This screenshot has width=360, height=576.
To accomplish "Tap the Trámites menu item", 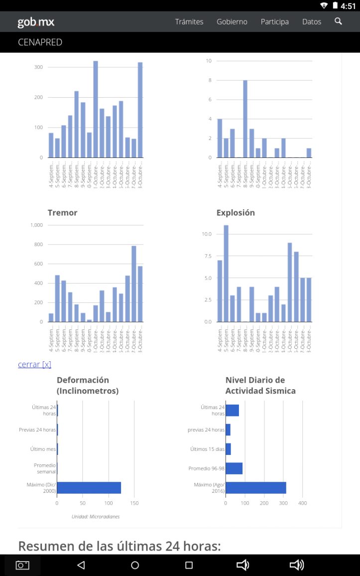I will coord(189,22).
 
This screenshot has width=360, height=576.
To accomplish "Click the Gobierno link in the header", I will coord(232,22).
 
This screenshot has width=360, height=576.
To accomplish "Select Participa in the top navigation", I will coord(274,22).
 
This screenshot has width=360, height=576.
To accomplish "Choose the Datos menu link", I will coord(312,22).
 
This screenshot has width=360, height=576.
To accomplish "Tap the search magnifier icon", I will coord(339,21).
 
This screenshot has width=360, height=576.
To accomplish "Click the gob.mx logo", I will coord(36,22).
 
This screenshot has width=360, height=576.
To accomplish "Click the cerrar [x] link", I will coord(34,364).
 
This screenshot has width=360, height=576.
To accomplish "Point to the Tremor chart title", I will coord(62,213).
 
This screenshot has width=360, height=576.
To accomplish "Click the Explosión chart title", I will coord(236,213).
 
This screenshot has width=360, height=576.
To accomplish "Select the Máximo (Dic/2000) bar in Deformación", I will coord(89,488).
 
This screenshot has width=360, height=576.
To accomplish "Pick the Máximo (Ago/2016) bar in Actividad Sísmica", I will coord(256,488).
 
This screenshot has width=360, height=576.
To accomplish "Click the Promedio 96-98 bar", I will coord(234,468).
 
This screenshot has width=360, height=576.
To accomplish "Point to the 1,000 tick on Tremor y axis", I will coord(36,225).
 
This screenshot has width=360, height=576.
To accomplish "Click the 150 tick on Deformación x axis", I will coord(134,504).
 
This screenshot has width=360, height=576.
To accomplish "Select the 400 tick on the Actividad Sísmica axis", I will coord(302,504).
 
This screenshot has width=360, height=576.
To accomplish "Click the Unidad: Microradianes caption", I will coord(96,517).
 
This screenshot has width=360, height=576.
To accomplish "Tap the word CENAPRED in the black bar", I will coord(40,42).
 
